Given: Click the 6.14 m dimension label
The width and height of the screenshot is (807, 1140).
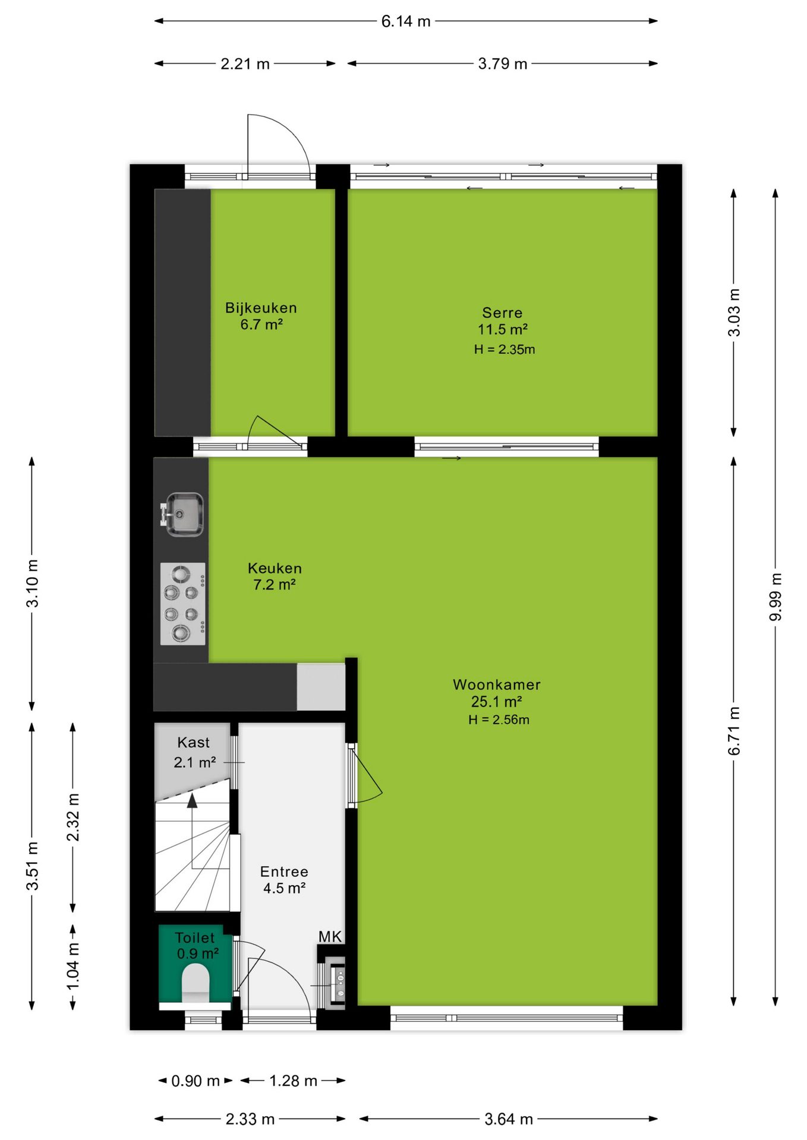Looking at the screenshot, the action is pos(406,21).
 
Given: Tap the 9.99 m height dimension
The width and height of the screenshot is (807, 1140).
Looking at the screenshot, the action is pos(776,597).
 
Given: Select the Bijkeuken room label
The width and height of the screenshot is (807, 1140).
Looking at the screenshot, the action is pos(261,308).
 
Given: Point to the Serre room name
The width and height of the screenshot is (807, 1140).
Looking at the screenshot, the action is pos(502,312).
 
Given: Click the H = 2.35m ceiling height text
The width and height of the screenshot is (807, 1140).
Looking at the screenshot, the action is pos(505,349).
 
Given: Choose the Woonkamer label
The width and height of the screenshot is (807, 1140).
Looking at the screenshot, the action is pos(497,685).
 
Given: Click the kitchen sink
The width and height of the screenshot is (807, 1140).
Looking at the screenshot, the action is pos(183,514).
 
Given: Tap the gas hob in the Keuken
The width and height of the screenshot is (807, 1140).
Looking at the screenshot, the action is pos(183,604).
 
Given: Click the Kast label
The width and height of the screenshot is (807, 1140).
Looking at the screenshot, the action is pos(194,742).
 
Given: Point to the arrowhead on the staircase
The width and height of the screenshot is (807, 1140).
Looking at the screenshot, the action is pos(192,801).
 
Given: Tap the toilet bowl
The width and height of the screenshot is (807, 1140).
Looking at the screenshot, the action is pos(196,983).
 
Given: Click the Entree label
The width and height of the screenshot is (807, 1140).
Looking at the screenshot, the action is pos(284,872).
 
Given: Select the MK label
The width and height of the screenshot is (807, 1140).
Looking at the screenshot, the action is pos(330,937).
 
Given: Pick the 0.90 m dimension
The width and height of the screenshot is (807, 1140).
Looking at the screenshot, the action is pos(196,1081).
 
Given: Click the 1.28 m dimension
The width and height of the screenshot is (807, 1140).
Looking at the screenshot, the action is pos(293,1081).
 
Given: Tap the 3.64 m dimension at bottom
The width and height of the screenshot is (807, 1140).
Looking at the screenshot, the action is pos(509,1119).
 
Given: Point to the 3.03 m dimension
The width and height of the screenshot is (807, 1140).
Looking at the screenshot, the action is pos(735,312).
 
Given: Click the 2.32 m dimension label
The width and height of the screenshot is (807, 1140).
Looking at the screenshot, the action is pos(73,818).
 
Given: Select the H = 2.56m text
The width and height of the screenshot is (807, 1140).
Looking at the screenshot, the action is pos(499,720).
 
